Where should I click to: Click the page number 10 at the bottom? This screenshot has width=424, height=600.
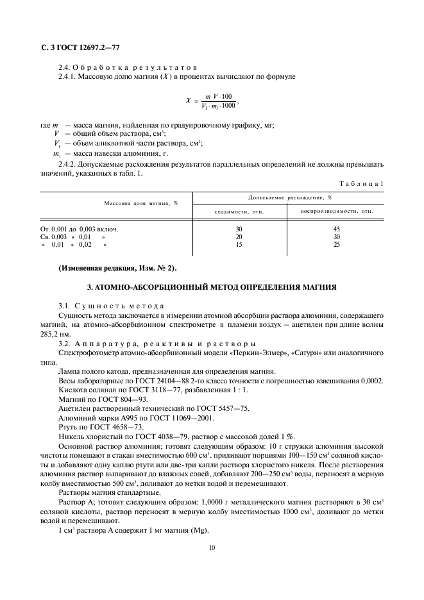tap(212, 547)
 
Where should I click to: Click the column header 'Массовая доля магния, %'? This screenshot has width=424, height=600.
tap(141, 203)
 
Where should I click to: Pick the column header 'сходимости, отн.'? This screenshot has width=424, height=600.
tap(239, 210)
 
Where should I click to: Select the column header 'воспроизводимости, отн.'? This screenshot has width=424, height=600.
tap(337, 210)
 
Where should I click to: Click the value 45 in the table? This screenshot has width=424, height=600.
tap(337, 228)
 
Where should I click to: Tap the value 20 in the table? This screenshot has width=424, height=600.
tap(239, 236)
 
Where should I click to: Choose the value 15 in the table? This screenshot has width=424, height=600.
tap(239, 244)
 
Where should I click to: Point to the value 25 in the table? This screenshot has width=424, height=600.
tap(337, 244)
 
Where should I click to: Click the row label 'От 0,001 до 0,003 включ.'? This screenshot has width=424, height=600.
tap(80, 228)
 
